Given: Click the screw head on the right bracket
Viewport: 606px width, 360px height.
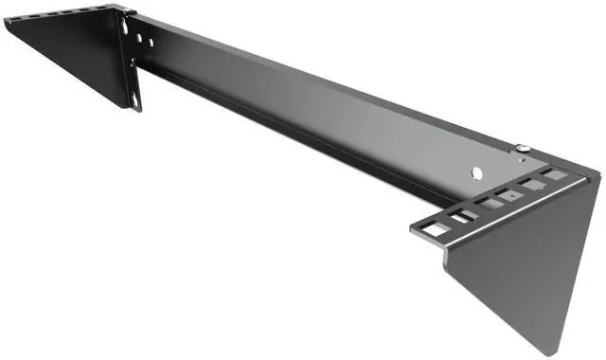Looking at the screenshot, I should pyautogui.click(x=522, y=147).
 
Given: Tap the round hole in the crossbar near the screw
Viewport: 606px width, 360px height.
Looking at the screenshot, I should pyautogui.click(x=477, y=171).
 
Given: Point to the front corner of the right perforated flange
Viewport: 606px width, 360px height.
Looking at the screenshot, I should pyautogui.click(x=413, y=230).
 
